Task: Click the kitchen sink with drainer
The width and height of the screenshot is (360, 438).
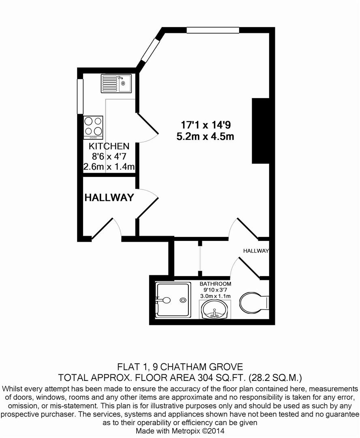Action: [116, 83]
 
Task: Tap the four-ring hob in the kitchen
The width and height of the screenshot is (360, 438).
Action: [93, 126]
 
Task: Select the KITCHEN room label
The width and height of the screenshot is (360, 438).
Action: [109, 146]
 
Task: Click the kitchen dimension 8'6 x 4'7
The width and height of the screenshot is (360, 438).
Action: [109, 157]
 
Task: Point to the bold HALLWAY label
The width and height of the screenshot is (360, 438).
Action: [109, 198]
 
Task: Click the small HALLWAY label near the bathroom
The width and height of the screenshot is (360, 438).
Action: [256, 251]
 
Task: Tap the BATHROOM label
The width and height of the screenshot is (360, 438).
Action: [215, 284]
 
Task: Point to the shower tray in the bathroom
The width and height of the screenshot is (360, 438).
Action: [173, 300]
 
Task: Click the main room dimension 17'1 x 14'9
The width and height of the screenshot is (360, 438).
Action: [206, 125]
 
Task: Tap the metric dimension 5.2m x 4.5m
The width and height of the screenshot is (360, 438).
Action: [205, 136]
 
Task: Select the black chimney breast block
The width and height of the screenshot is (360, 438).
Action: [261, 131]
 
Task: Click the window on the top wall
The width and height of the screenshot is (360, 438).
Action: [212, 30]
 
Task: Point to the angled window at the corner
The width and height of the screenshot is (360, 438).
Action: [150, 49]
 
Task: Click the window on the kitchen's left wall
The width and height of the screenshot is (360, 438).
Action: [80, 96]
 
